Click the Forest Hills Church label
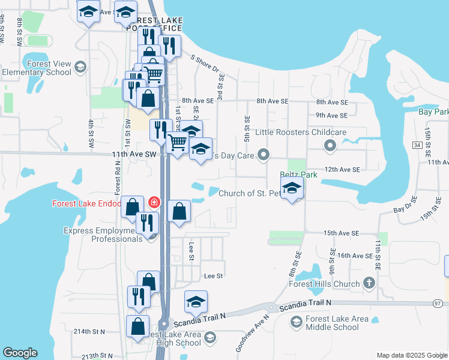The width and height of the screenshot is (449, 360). (324, 284)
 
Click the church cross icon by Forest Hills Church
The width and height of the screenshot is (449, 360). (369, 283)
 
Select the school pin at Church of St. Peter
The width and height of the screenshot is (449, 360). (292, 189)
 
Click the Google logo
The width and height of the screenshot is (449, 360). (20, 353)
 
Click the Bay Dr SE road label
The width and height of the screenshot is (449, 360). (406, 209)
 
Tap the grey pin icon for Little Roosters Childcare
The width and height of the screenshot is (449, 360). (330, 145)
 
